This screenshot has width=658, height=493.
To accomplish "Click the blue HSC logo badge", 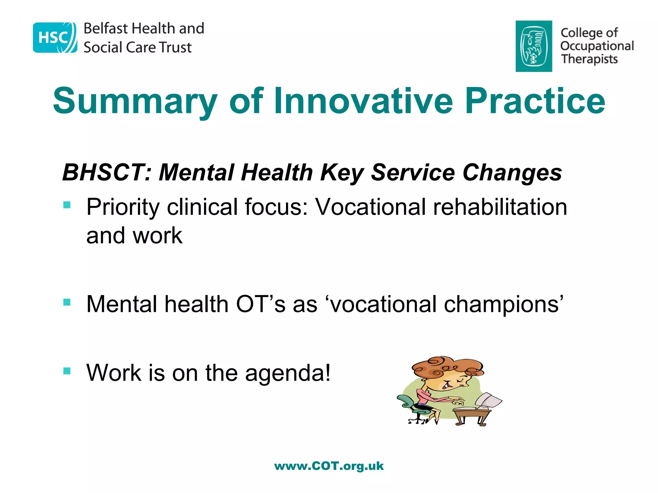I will coord(55,38).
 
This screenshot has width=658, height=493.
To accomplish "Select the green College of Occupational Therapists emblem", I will coord(534,46).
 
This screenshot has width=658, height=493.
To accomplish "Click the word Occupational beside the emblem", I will coord(597,46).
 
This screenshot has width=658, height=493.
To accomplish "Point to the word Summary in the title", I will coord(135,101).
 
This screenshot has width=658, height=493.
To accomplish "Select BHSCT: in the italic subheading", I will coord(106,173).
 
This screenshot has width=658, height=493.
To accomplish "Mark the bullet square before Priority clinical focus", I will coord(67,205).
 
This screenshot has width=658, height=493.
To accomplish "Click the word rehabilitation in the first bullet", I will coord(500,207).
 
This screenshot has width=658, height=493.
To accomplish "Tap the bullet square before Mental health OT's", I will coord(67,302).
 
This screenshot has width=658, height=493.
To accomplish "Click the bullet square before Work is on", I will coord(67,371).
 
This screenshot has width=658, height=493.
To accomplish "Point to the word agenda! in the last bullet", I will coord(288,374).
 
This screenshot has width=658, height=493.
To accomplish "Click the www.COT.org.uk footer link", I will coord(329,466).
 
